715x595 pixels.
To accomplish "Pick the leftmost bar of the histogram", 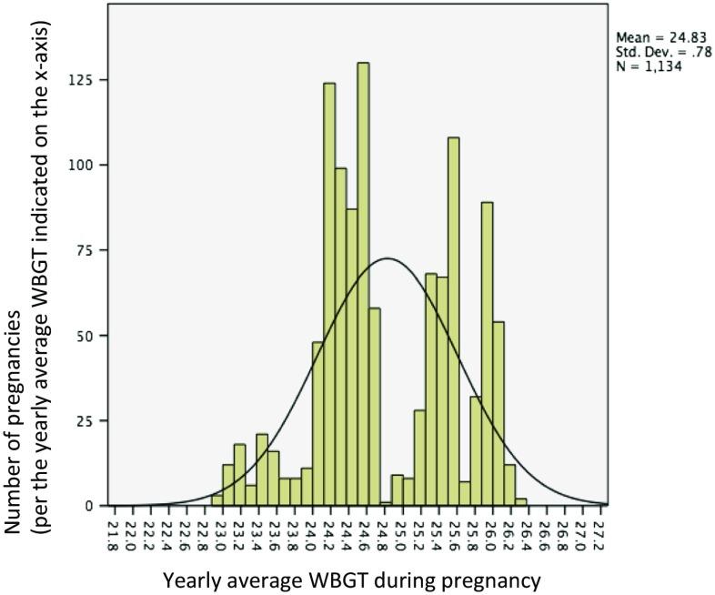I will click(x=217, y=499).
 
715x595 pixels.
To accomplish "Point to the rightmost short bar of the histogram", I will click(x=520, y=501).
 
